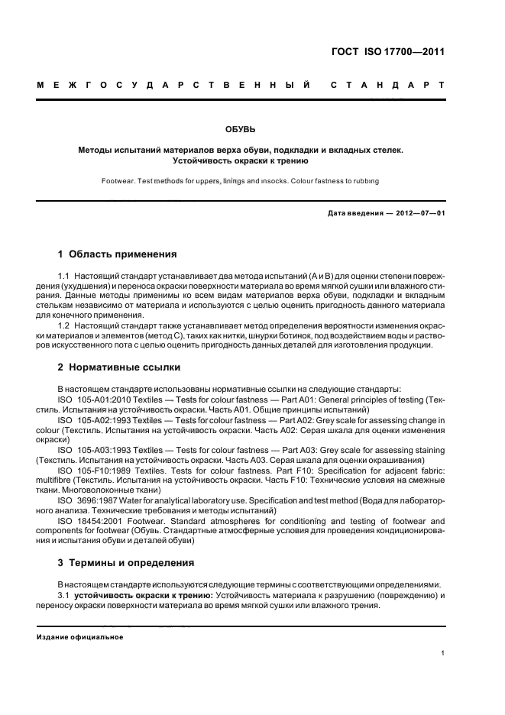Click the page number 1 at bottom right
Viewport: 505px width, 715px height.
[x=443, y=654]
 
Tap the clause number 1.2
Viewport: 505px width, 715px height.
[x=65, y=325]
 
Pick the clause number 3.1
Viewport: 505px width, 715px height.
[x=65, y=594]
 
